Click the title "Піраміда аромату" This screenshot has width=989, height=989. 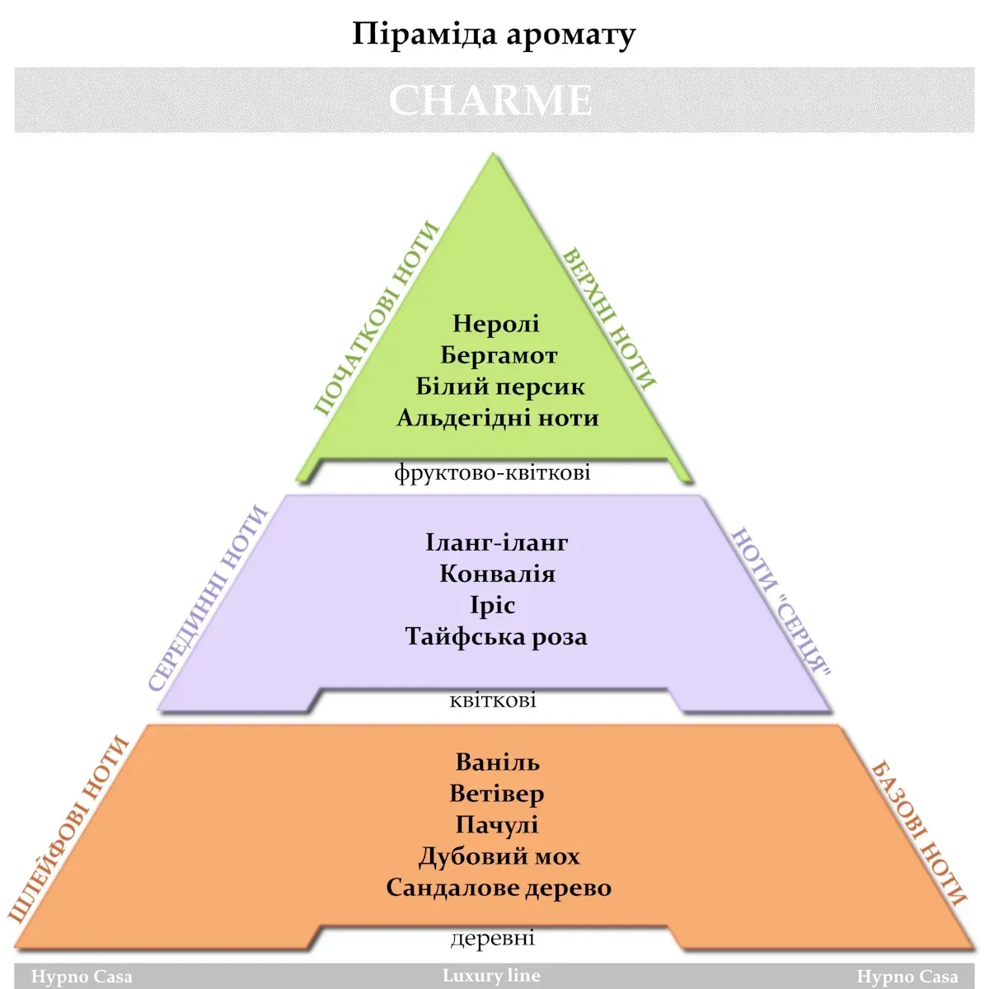pyautogui.click(x=494, y=35)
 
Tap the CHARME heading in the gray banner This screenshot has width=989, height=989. pyautogui.click(x=490, y=100)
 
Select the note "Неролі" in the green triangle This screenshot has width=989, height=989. pyautogui.click(x=496, y=323)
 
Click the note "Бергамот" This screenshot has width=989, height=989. pyautogui.click(x=499, y=355)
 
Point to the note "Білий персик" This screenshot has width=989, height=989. pyautogui.click(x=500, y=387)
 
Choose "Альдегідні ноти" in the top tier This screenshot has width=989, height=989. pyautogui.click(x=498, y=418)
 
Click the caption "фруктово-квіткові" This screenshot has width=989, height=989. pyautogui.click(x=492, y=472)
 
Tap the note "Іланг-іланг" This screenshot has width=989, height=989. pyautogui.click(x=497, y=542)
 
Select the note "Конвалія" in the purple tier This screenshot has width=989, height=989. pyautogui.click(x=497, y=574)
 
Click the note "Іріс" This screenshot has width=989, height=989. pyautogui.click(x=493, y=605)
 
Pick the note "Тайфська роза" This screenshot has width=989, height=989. pyautogui.click(x=496, y=636)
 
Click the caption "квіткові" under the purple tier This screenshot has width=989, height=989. pyautogui.click(x=493, y=700)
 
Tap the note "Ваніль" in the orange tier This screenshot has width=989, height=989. pyautogui.click(x=497, y=762)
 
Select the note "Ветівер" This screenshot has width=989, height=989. pyautogui.click(x=497, y=794)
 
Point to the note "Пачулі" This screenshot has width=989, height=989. pyautogui.click(x=497, y=825)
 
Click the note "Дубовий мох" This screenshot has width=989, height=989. pyautogui.click(x=499, y=856)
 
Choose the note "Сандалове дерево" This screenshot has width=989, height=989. pyautogui.click(x=499, y=888)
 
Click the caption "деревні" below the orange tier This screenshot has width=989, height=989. pyautogui.click(x=493, y=938)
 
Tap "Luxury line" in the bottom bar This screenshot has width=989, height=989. pyautogui.click(x=492, y=975)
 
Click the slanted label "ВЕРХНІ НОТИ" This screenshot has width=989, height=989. pyautogui.click(x=609, y=318)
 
